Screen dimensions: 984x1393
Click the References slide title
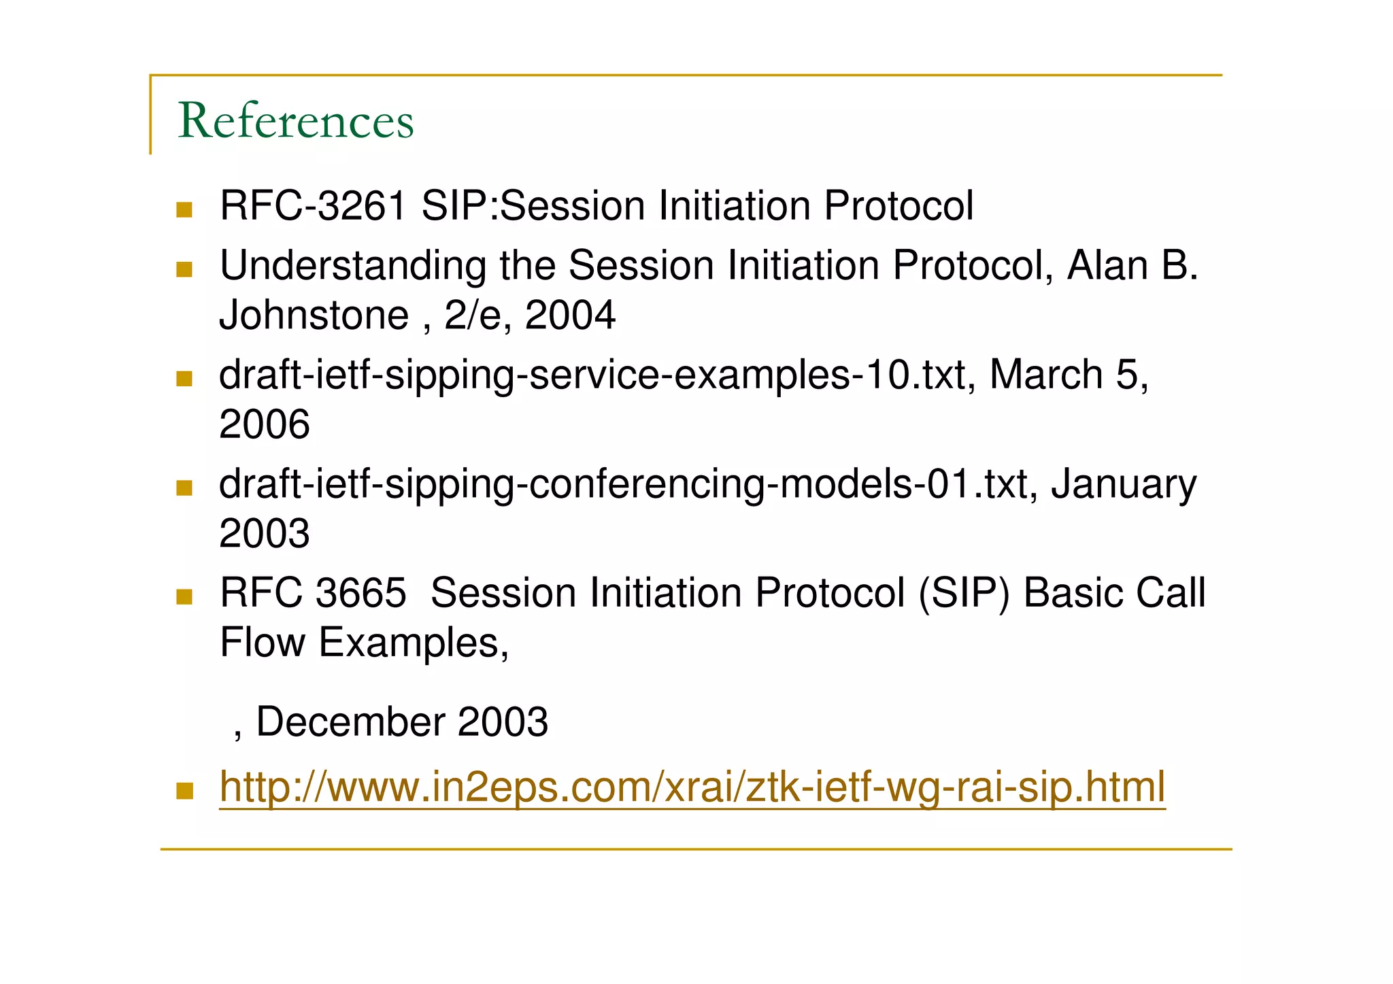(x=295, y=121)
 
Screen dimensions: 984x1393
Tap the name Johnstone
(x=314, y=316)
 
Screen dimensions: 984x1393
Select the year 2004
(x=570, y=316)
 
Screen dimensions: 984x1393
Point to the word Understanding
(x=352, y=265)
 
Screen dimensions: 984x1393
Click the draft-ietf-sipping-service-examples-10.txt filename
(x=592, y=375)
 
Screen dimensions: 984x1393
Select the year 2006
(x=265, y=425)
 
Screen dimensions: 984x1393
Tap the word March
(x=1045, y=375)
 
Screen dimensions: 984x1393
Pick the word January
(x=1123, y=486)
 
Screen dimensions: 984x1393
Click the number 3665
(x=360, y=593)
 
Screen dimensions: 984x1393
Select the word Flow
(x=263, y=643)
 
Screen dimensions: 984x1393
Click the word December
(x=351, y=722)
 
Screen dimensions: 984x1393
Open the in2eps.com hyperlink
(x=692, y=787)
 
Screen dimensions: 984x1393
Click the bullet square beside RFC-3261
(x=184, y=209)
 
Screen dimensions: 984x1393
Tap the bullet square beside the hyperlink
(x=184, y=791)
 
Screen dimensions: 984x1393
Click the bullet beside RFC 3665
(x=184, y=596)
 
